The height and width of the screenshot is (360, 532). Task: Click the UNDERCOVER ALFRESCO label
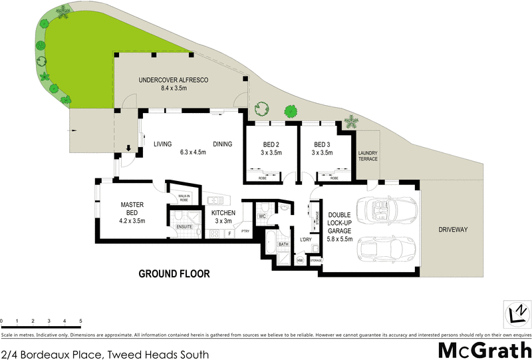click(x=174, y=81)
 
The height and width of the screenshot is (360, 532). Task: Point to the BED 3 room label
click(x=322, y=144)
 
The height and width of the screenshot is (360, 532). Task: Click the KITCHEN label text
click(x=223, y=213)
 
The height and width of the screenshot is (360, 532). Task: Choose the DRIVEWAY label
click(x=454, y=230)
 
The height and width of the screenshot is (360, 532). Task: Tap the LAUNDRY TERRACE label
click(x=368, y=157)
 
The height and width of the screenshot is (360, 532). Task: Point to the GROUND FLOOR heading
click(x=174, y=273)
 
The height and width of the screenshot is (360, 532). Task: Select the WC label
click(x=262, y=216)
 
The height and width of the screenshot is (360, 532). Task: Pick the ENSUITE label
click(x=184, y=227)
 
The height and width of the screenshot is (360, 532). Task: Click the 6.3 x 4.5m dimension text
click(x=193, y=152)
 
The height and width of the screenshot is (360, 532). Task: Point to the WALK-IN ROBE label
click(x=184, y=197)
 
